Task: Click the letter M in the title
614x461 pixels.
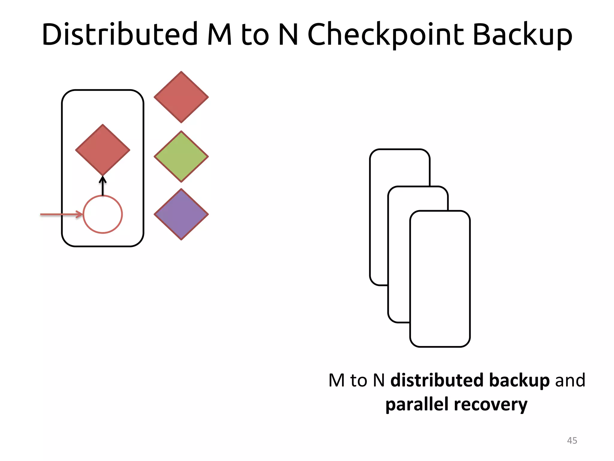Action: (220, 34)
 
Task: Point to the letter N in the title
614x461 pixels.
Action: (288, 34)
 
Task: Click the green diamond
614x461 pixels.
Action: (181, 156)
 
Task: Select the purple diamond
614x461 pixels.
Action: (181, 214)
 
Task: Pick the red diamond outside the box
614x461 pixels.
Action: (181, 97)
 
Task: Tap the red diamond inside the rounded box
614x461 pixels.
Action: (103, 150)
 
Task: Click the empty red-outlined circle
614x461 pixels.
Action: (103, 214)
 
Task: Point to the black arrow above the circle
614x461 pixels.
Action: (103, 186)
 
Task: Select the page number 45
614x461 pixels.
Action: (572, 440)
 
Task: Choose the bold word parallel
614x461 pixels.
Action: (417, 404)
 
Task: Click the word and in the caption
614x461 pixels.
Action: (570, 380)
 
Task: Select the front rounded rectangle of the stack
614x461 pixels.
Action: (440, 279)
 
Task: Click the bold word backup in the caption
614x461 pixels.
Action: (520, 380)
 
